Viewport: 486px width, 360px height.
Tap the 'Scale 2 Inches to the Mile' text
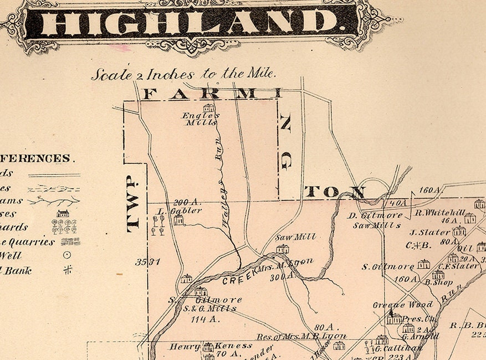(x=183, y=74)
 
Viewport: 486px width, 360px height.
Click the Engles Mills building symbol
(x=209, y=108)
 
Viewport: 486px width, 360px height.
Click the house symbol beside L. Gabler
(x=178, y=220)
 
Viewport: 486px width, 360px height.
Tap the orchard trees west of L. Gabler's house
(x=158, y=224)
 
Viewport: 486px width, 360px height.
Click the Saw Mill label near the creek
(x=296, y=237)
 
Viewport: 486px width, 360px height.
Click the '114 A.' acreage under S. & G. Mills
(x=206, y=319)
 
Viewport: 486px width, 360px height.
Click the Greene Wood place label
(x=402, y=305)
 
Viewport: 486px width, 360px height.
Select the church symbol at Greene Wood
(x=394, y=317)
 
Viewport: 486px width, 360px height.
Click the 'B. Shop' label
(x=439, y=282)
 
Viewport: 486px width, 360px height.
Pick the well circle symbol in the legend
(x=67, y=255)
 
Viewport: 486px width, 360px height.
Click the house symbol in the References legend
(x=63, y=213)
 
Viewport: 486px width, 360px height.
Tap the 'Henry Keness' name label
(x=202, y=347)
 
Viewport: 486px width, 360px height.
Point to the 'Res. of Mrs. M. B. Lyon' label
(x=301, y=336)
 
